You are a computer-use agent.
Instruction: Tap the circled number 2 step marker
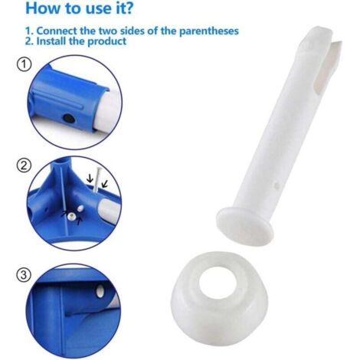(x=24, y=165)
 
